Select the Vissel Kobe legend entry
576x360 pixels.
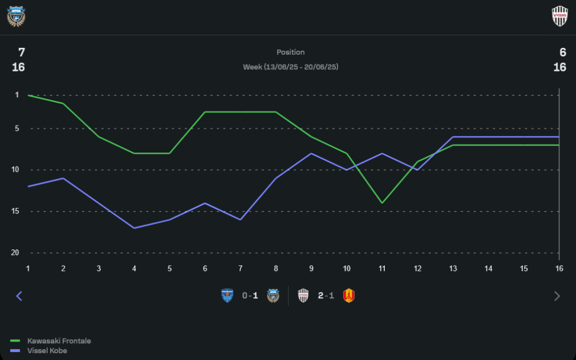(x=47, y=350)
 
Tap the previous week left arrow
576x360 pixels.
(x=19, y=296)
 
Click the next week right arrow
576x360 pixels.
(x=556, y=296)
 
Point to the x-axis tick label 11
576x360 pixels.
(x=381, y=268)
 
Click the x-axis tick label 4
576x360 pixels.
(x=134, y=268)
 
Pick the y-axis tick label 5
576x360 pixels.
(x=17, y=128)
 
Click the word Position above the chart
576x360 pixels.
(x=290, y=52)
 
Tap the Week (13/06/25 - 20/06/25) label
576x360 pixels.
(x=290, y=67)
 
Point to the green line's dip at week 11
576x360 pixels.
(x=381, y=203)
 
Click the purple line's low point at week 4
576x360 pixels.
(x=134, y=228)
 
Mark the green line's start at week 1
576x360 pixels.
(x=28, y=95)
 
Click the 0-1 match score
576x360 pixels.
(x=250, y=296)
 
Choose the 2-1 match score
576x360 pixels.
(x=326, y=296)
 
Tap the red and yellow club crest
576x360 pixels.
(x=348, y=296)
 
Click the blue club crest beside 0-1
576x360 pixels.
(x=228, y=296)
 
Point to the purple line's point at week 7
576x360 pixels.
(x=240, y=219)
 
